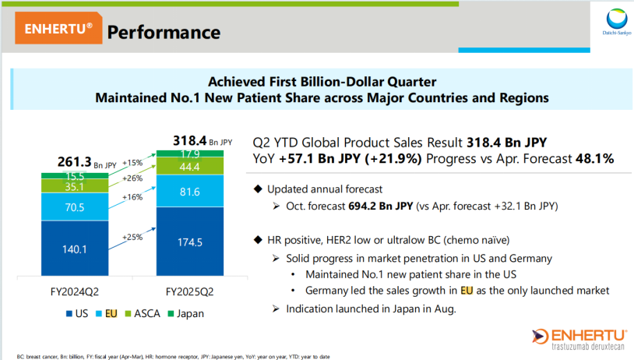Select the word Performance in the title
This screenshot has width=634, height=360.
tap(163, 32)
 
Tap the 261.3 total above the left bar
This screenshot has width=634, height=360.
tap(74, 162)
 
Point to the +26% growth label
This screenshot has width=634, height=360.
tap(133, 178)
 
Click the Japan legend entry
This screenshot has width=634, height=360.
tap(189, 314)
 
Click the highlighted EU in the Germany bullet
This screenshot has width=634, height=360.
tap(467, 291)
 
